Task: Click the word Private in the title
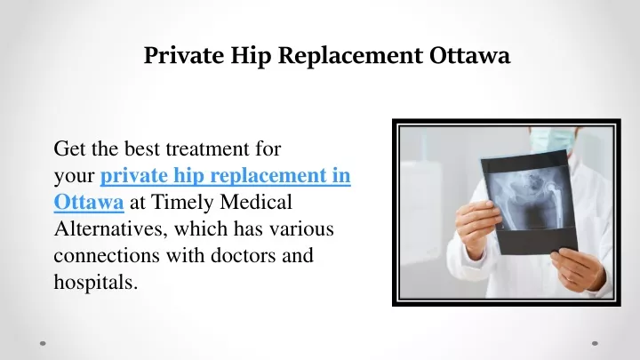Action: tap(184, 55)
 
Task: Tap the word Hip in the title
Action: tap(251, 56)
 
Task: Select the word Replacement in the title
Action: tap(350, 56)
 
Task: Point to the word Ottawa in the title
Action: tap(470, 55)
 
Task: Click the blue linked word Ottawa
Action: tap(89, 202)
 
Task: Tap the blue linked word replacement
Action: tap(268, 176)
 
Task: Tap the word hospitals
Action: tap(96, 283)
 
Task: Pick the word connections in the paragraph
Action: tap(107, 256)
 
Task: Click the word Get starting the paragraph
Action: tap(69, 148)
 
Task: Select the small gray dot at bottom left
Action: tap(43, 343)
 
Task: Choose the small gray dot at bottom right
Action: tap(595, 343)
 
